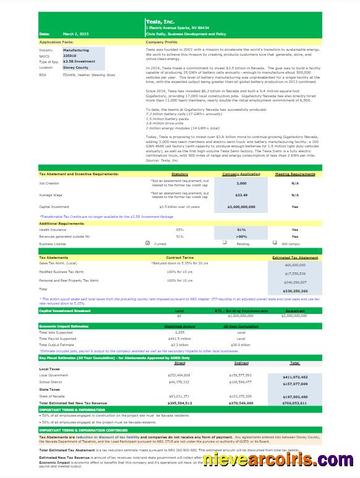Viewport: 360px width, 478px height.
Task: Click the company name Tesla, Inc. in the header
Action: pos(159,21)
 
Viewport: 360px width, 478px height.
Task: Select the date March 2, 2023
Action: pos(76,34)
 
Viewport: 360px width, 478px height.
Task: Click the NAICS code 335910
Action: pos(70,56)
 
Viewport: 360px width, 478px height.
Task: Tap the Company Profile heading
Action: pos(161,42)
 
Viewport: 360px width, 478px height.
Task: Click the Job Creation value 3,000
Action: pos(242,183)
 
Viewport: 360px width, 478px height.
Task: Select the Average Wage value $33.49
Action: pos(242,195)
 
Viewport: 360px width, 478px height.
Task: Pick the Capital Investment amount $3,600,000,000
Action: pos(242,207)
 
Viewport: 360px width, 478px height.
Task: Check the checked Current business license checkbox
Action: pos(147,243)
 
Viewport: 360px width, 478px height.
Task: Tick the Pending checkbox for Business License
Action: pos(225,243)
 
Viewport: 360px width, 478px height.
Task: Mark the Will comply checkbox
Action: pos(275,243)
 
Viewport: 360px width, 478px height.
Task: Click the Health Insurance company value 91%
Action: pos(242,229)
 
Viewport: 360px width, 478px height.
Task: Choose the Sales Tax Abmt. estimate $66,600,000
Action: pos(295,264)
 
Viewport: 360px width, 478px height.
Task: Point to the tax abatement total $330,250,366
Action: pos(295,290)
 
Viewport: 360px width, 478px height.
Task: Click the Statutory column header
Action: pos(179,174)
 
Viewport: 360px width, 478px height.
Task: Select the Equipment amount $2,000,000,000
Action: pos(295,316)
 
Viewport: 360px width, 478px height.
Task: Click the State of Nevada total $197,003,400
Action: pos(295,396)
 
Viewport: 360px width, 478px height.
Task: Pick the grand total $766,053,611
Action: pos(295,402)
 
